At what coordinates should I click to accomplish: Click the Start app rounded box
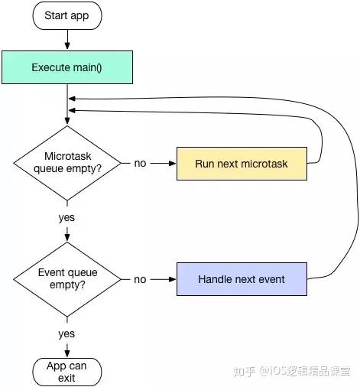click(x=67, y=15)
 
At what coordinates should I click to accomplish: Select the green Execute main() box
click(x=67, y=67)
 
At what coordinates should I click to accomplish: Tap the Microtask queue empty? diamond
click(x=67, y=163)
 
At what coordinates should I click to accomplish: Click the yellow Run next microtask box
click(x=242, y=163)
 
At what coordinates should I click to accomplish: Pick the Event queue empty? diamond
click(x=67, y=279)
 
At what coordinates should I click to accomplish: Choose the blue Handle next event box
click(x=242, y=279)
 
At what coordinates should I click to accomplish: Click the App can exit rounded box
click(x=67, y=372)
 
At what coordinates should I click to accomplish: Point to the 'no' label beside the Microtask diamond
click(x=140, y=163)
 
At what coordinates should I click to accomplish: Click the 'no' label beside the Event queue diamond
click(x=140, y=279)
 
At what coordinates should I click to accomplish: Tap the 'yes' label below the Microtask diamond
click(x=67, y=217)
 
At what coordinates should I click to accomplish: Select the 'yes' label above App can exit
click(x=67, y=333)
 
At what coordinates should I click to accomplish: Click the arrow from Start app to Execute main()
click(x=67, y=39)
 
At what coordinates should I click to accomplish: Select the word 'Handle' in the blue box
click(x=215, y=279)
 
